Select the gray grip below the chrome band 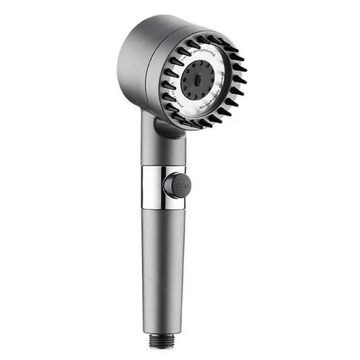160,262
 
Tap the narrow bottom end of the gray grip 160,324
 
